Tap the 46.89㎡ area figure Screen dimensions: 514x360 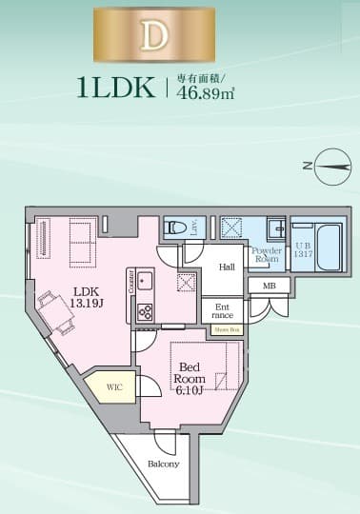[212, 96]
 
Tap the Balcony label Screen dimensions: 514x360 [164, 464]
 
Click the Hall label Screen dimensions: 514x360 [227, 267]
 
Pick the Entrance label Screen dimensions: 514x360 [222, 310]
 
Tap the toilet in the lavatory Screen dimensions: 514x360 [174, 227]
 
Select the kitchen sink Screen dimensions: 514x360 [145, 280]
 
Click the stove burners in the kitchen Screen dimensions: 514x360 [146, 310]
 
